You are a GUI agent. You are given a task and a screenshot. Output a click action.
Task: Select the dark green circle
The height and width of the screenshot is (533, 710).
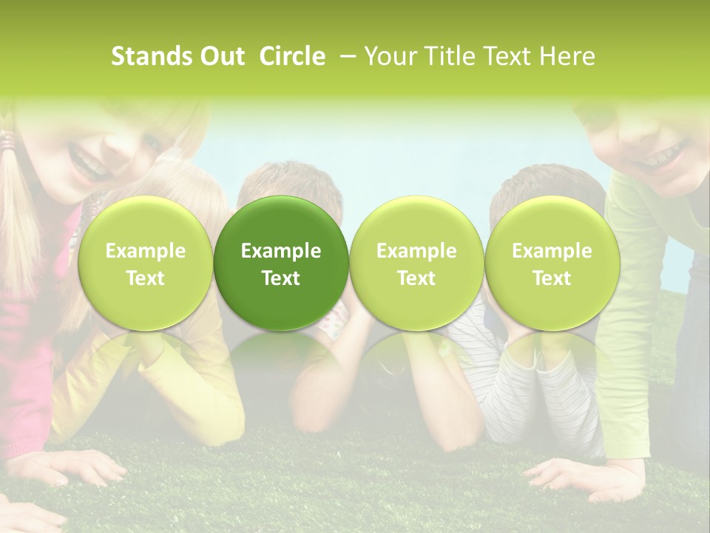281,263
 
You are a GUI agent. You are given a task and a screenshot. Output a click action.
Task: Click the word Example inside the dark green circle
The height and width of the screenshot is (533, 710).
281,251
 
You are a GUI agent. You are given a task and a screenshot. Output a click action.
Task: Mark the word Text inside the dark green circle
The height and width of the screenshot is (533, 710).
281,278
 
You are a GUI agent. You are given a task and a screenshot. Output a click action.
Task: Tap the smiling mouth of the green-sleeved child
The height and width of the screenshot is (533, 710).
654,157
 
